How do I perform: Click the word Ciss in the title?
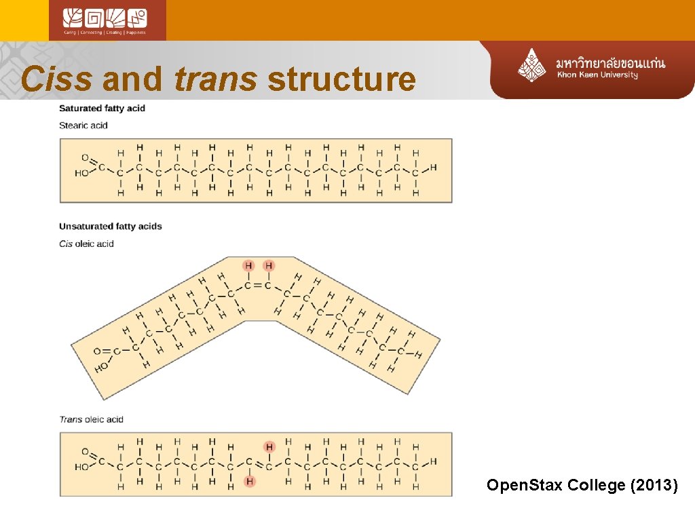point(56,79)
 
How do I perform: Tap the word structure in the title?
point(341,79)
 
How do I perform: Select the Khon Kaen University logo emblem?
point(533,65)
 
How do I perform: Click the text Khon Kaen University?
point(597,75)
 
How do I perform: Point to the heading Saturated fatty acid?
point(102,109)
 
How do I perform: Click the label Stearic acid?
point(83,126)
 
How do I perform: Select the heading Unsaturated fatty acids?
point(111,227)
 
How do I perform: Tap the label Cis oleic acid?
point(86,244)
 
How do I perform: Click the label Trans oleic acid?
point(91,419)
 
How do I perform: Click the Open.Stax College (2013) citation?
point(582,485)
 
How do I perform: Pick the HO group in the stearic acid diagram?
point(81,174)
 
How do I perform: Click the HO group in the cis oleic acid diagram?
point(102,368)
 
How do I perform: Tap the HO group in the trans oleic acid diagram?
point(81,467)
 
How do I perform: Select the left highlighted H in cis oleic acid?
point(249,265)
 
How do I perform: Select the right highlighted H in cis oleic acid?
point(269,265)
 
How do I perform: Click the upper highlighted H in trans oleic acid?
point(269,446)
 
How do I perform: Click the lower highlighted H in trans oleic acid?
point(250,482)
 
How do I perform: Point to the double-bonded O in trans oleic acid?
point(86,452)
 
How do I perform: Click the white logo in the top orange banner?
point(107,20)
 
